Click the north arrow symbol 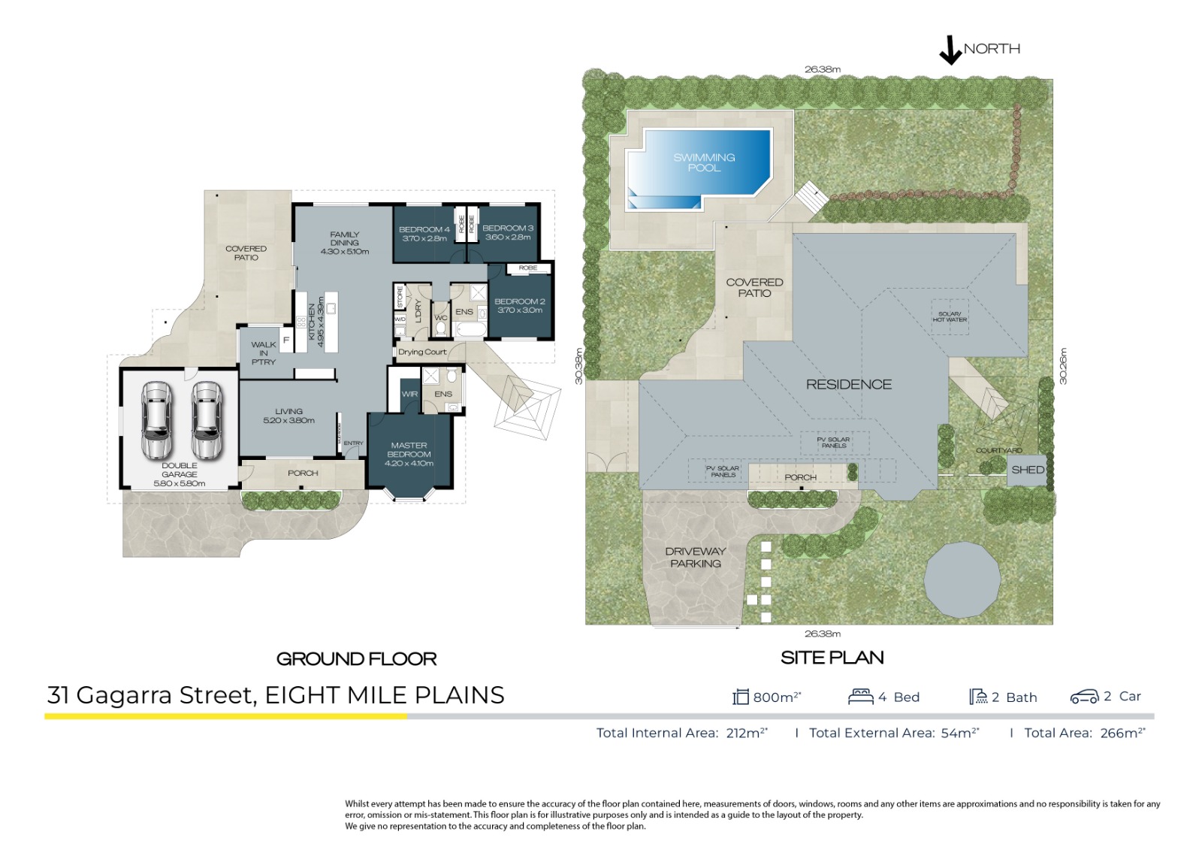[x=950, y=50]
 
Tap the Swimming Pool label [x=704, y=162]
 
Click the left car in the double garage [x=157, y=421]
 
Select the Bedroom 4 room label [x=424, y=234]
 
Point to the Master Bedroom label [x=409, y=454]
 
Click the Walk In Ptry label [x=263, y=353]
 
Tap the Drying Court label [x=422, y=352]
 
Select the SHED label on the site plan [x=1027, y=470]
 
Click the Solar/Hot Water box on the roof [x=950, y=317]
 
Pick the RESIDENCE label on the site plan [x=849, y=385]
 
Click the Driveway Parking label [x=696, y=557]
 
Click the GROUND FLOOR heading [x=356, y=659]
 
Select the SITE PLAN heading [x=832, y=658]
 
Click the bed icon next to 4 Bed [x=860, y=697]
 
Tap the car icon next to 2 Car [x=1084, y=697]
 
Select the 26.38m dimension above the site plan [x=822, y=69]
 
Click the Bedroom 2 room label [x=519, y=305]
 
